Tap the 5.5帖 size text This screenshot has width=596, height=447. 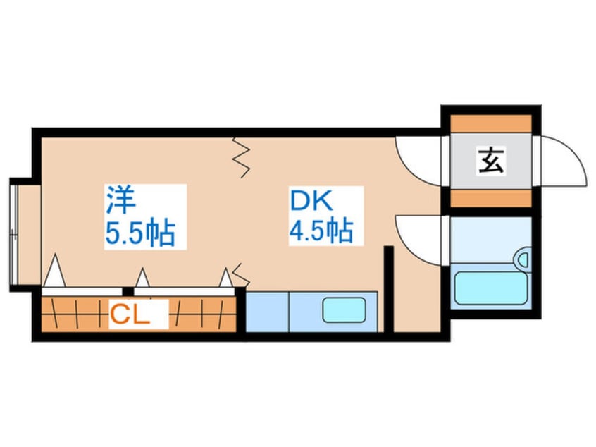tap(140, 233)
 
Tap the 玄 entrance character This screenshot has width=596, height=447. tap(491, 161)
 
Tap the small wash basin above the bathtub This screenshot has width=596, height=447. tap(523, 259)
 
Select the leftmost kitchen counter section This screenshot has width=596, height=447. tap(267, 312)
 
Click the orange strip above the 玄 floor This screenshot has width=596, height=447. tap(491, 123)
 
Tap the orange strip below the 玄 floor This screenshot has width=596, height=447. tap(491, 198)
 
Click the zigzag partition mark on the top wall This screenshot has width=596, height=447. tap(244, 157)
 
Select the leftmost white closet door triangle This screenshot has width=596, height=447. tap(55, 271)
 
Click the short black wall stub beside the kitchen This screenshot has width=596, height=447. tap(387, 288)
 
